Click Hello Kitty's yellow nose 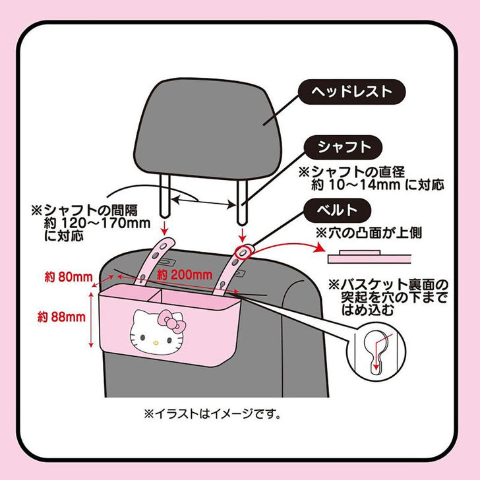click(x=154, y=341)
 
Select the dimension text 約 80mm click(x=63, y=276)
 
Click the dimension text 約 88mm click(x=63, y=317)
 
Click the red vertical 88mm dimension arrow click(x=89, y=317)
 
